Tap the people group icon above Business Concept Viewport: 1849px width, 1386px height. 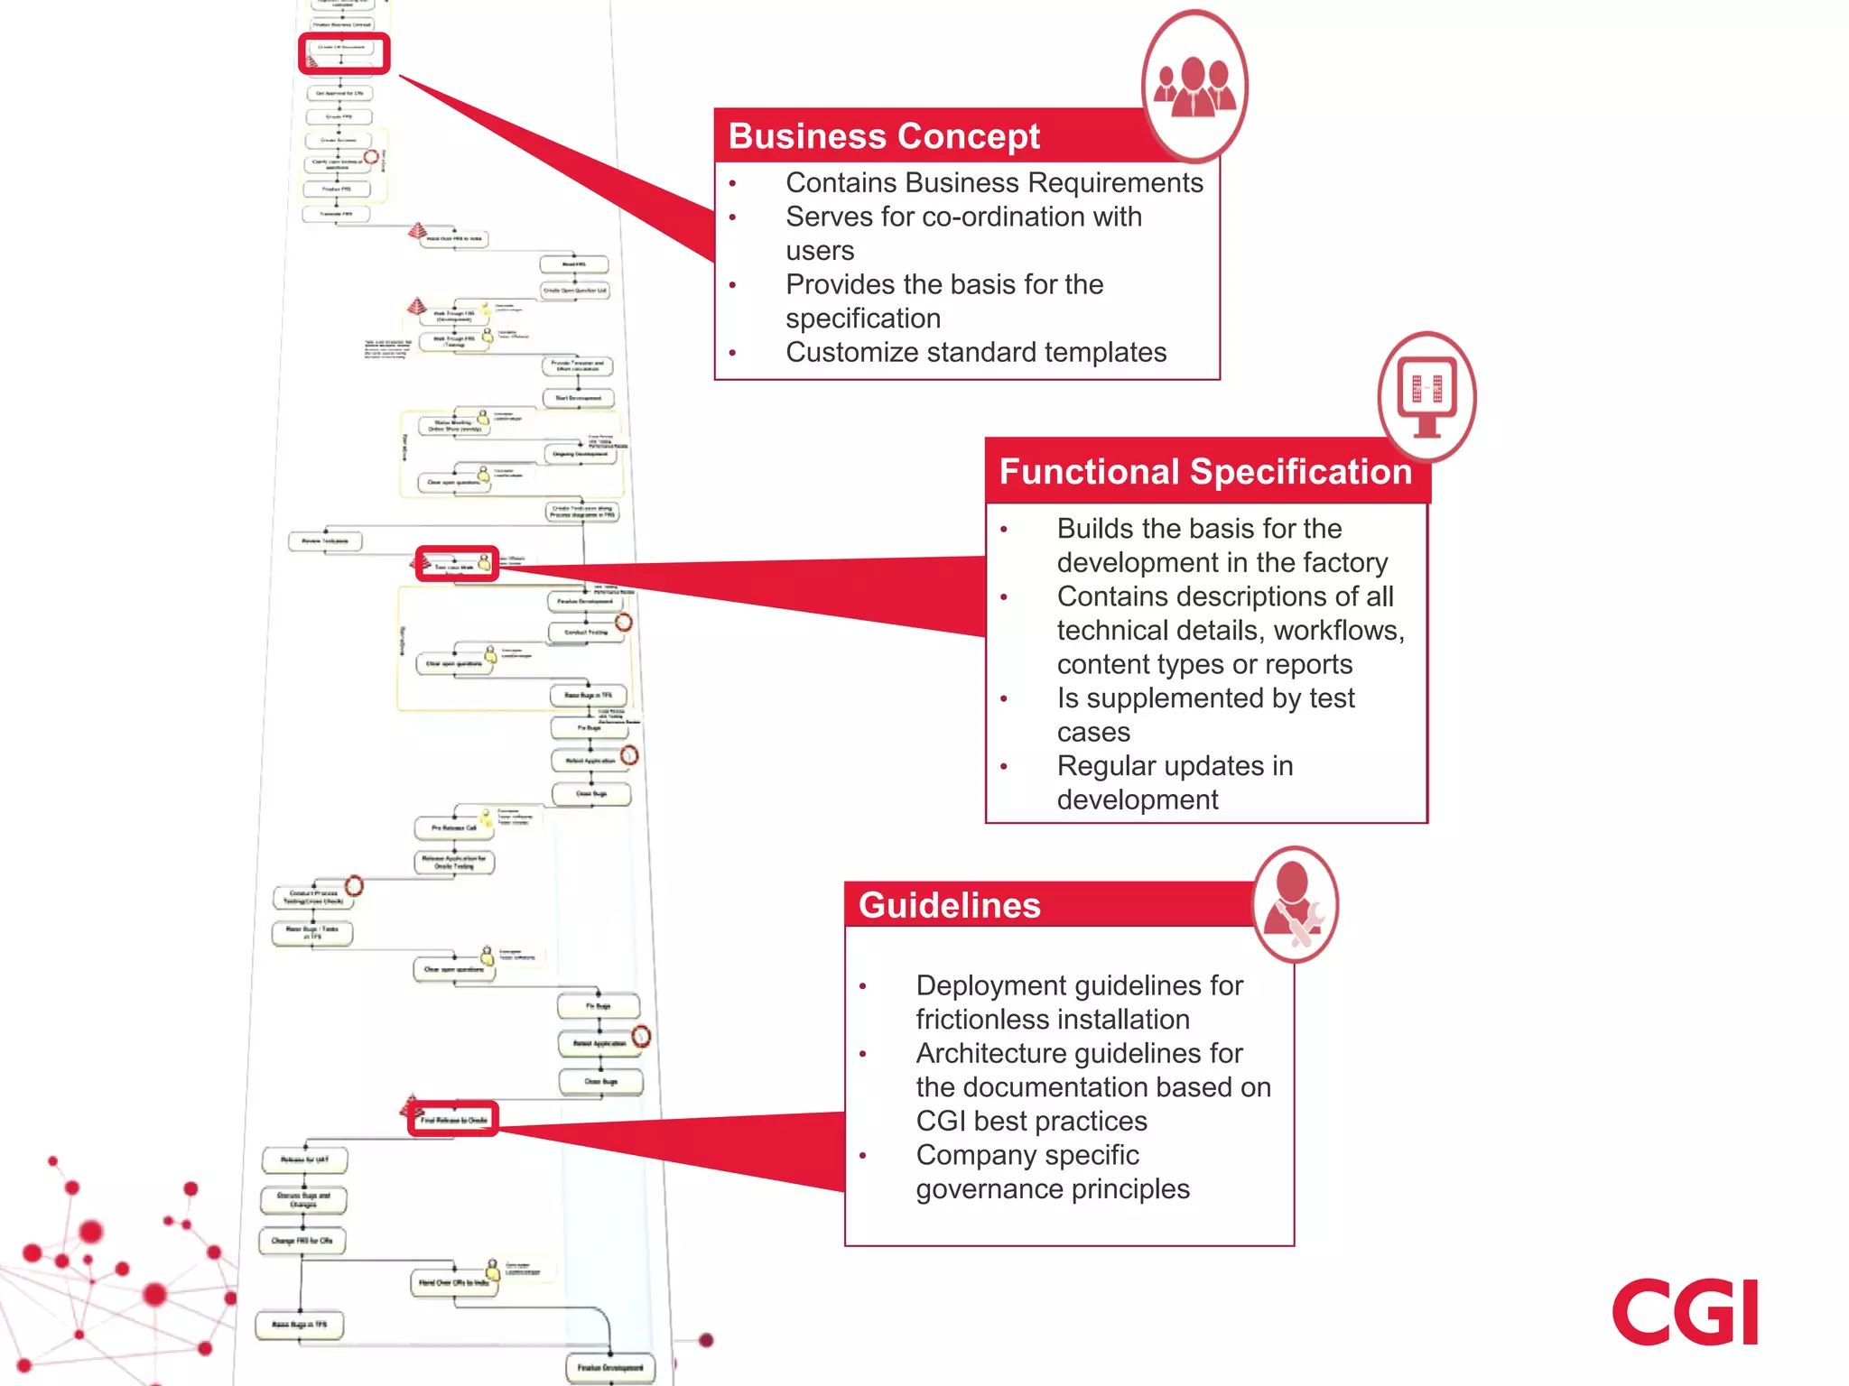(x=1194, y=87)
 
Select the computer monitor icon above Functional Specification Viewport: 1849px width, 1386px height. (x=1426, y=395)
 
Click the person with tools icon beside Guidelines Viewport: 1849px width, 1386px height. (x=1295, y=905)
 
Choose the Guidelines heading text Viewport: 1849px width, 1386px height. (x=949, y=905)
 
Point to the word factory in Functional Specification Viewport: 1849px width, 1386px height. (x=1343, y=562)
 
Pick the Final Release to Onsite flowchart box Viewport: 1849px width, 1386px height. (x=454, y=1120)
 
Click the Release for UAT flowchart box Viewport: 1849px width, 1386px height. (x=304, y=1160)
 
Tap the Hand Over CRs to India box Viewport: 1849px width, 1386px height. (x=453, y=1282)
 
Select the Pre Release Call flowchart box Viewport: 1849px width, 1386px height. (x=453, y=827)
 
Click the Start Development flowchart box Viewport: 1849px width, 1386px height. (x=579, y=397)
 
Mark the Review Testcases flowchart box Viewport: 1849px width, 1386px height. (x=325, y=541)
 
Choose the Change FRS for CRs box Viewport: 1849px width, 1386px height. (x=302, y=1241)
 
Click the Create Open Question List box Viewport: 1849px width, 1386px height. (x=574, y=291)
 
